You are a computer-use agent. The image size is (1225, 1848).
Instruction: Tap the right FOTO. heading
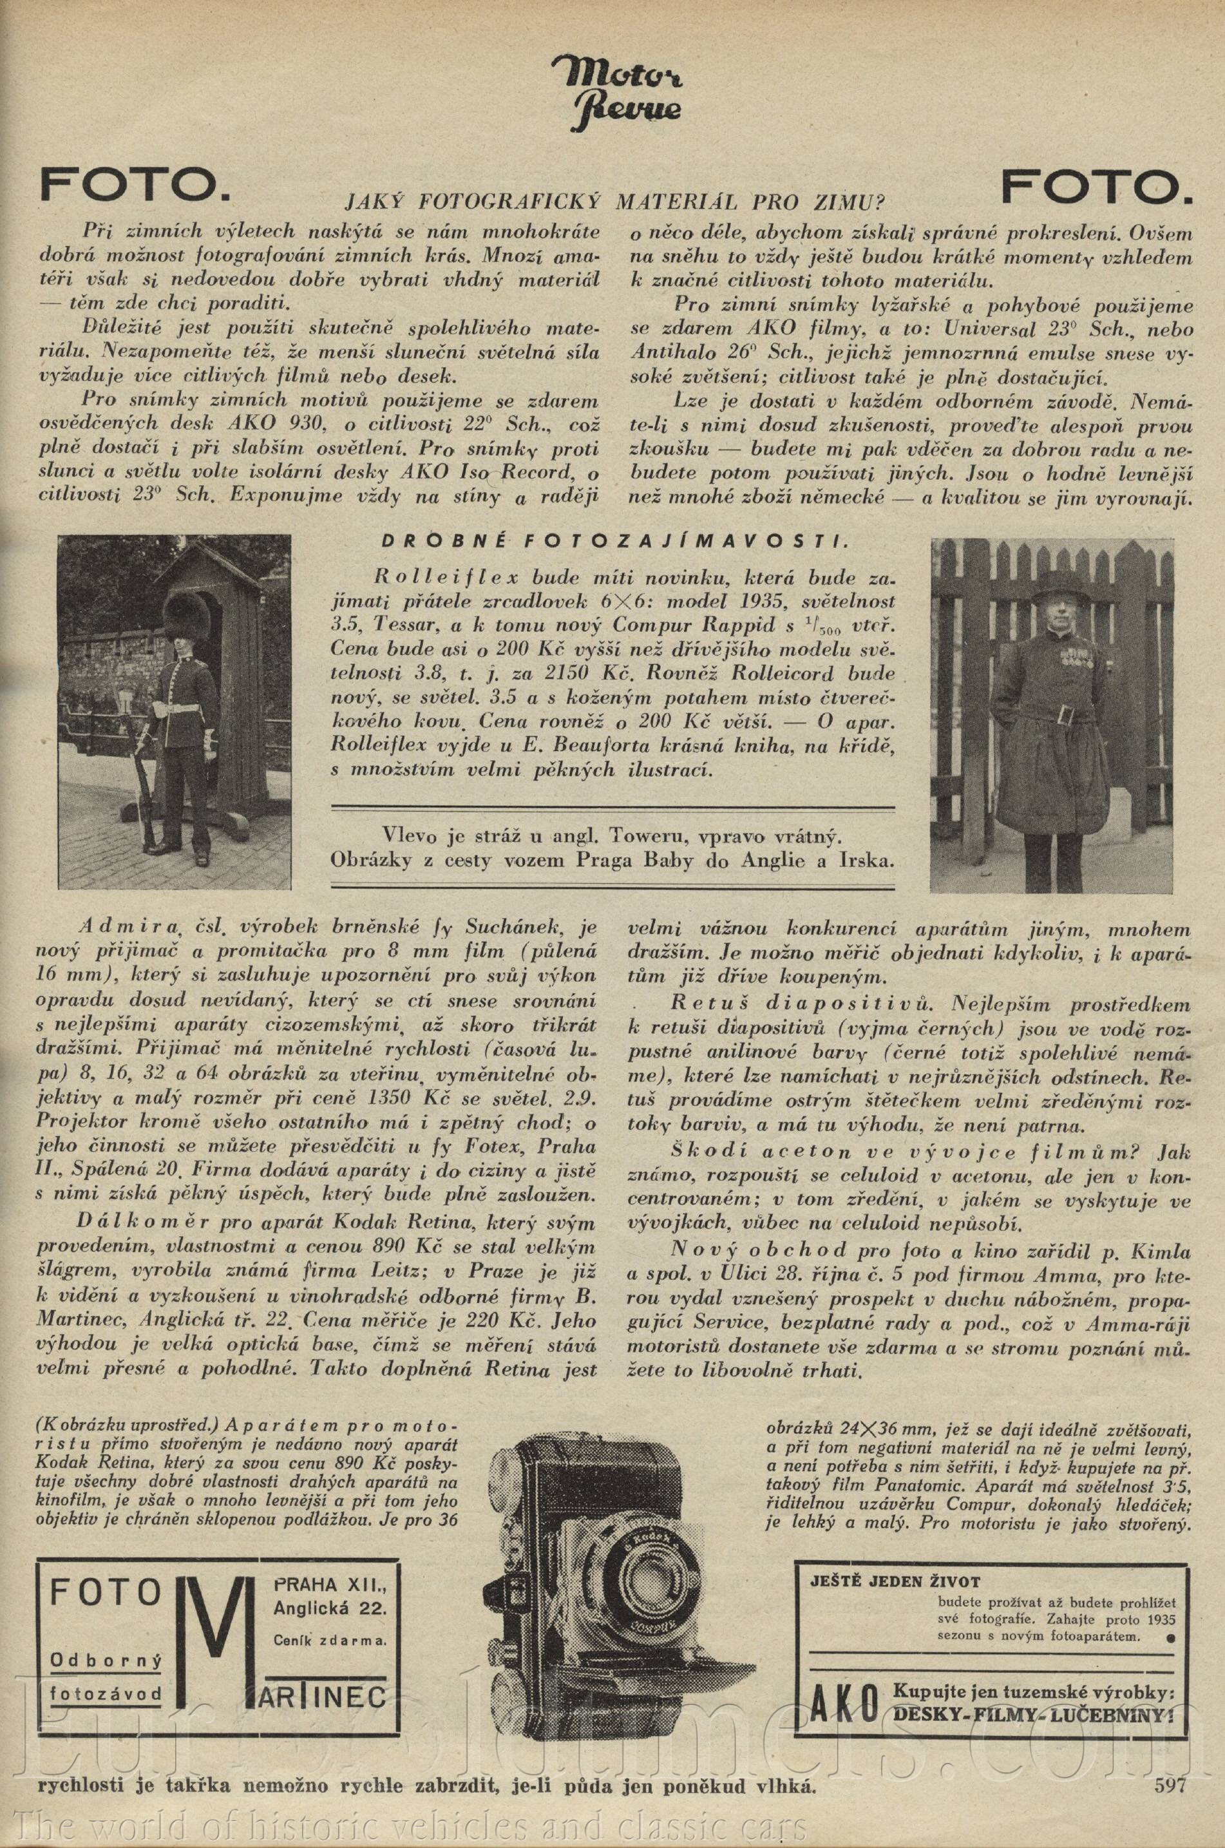click(x=1097, y=186)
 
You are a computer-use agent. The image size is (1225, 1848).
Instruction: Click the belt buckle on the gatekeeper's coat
click(x=1067, y=715)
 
